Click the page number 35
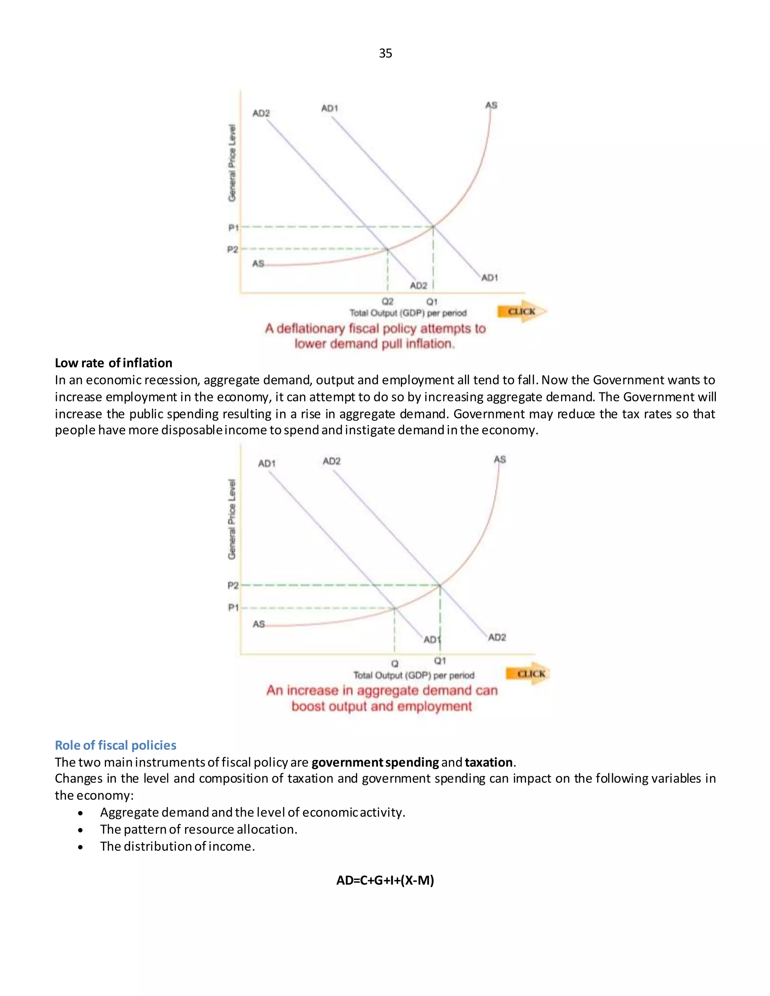[x=385, y=53]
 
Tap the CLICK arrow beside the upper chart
[x=521, y=312]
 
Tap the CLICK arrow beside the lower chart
[x=530, y=674]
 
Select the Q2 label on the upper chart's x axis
[x=387, y=301]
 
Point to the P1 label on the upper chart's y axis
[x=233, y=227]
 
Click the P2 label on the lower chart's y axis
[x=233, y=585]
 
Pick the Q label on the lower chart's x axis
[x=394, y=663]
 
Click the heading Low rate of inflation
[x=114, y=363]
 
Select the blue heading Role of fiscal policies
[x=115, y=745]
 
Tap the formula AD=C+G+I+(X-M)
[x=385, y=880]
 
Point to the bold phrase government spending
[x=375, y=762]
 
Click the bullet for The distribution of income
[x=81, y=847]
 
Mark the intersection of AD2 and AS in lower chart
[x=440, y=585]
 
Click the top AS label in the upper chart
[x=491, y=105]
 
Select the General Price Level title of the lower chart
[x=232, y=519]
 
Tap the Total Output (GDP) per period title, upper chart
[x=408, y=313]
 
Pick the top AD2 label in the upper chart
[x=261, y=113]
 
